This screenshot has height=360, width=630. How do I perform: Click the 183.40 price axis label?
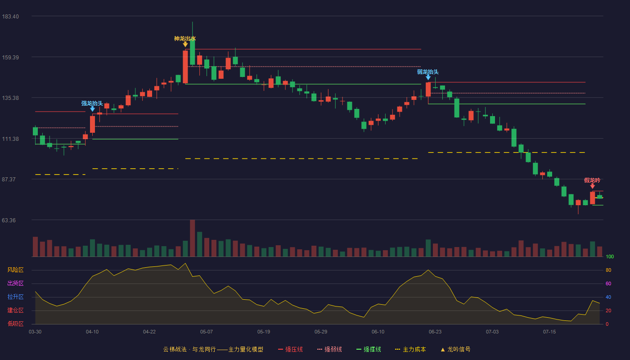[x=10, y=17]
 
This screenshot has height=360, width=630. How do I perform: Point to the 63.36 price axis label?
[x=9, y=220]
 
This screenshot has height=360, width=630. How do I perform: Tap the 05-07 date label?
[x=207, y=332]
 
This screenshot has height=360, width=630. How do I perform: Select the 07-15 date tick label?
[x=549, y=332]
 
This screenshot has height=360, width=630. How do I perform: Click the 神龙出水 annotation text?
[x=185, y=39]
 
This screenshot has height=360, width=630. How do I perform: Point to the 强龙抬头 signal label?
[x=92, y=103]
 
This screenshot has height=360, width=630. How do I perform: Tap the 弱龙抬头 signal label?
[x=428, y=72]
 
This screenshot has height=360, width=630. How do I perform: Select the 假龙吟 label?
[x=592, y=180]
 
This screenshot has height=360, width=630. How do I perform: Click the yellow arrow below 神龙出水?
[x=185, y=45]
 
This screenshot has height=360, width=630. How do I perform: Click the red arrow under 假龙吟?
[x=592, y=186]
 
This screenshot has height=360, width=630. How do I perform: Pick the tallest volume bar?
[x=193, y=238]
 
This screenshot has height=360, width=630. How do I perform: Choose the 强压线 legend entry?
[x=290, y=349]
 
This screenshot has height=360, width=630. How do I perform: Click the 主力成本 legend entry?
[x=410, y=349]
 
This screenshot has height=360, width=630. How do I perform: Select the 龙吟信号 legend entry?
[x=455, y=349]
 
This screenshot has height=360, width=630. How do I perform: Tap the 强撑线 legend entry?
[x=369, y=349]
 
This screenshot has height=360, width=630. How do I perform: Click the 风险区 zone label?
[x=15, y=270]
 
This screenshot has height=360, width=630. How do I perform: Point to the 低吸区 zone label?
[x=15, y=324]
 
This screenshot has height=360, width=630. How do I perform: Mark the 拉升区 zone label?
[x=15, y=297]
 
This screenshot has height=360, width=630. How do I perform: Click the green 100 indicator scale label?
[x=610, y=256]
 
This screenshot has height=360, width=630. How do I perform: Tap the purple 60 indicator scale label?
[x=608, y=283]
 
